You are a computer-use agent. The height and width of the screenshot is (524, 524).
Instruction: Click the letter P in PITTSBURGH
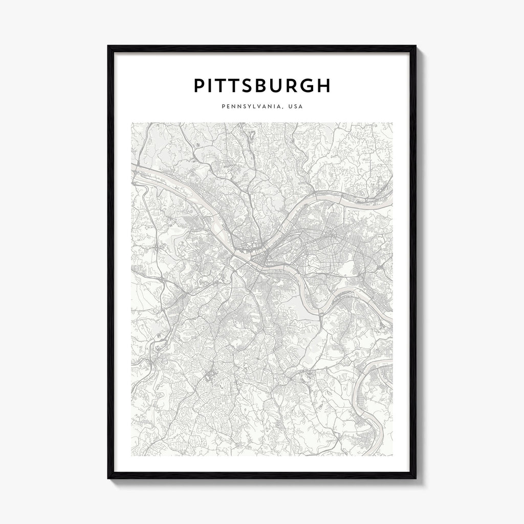coord(200,86)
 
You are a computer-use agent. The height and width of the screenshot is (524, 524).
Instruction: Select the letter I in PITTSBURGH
coord(211,86)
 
